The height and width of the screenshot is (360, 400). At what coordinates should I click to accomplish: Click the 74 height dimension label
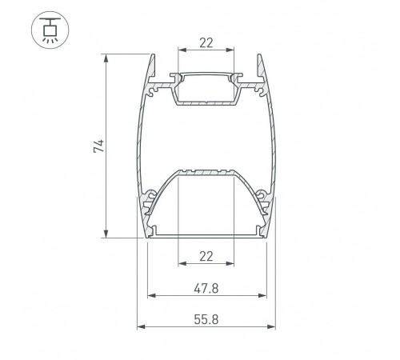pyautogui.click(x=99, y=146)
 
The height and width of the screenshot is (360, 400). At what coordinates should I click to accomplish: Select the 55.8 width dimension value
pyautogui.click(x=206, y=319)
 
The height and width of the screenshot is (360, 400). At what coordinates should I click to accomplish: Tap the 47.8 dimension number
pyautogui.click(x=206, y=289)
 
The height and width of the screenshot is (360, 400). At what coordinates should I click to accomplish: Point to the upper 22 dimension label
pyautogui.click(x=206, y=43)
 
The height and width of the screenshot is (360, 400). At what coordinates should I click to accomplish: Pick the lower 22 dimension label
pyautogui.click(x=206, y=257)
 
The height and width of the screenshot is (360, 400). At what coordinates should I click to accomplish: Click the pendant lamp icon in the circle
pyautogui.click(x=50, y=30)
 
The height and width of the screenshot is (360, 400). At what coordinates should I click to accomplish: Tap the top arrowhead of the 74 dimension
pyautogui.click(x=106, y=58)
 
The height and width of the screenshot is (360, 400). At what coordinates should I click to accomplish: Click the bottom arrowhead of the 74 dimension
pyautogui.click(x=106, y=234)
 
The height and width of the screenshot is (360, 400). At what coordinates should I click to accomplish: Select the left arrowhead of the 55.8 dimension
pyautogui.click(x=141, y=326)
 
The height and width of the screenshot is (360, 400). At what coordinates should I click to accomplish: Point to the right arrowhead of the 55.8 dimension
pyautogui.click(x=271, y=326)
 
